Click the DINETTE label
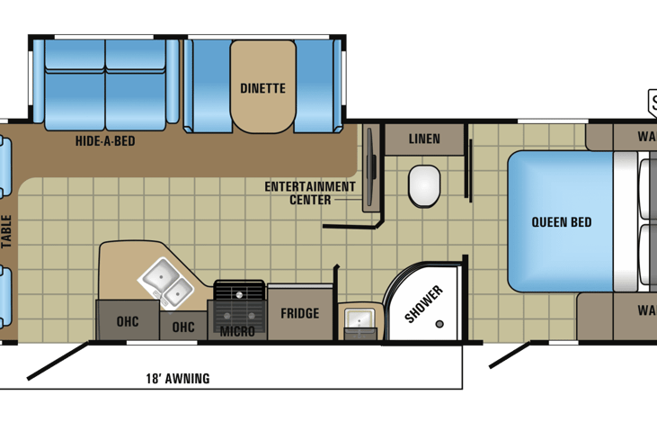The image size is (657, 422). pos(262,88)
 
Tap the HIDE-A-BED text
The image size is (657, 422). pos(105,140)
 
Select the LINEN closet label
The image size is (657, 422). pos(424,139)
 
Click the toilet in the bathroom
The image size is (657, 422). pos(424,184)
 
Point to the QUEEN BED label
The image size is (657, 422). pos(561,221)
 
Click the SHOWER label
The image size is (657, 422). pos(422,303)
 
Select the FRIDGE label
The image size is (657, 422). pos(299,313)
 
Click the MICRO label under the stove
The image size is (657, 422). pos(237,331)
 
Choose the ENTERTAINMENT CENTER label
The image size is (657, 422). pos(310,193)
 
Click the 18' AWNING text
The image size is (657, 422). pos(177,379)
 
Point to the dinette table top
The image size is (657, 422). pos(262,85)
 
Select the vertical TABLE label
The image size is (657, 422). pos(6,229)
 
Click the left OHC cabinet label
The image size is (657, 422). pos(128,321)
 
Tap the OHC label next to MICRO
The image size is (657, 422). pos(183,327)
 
